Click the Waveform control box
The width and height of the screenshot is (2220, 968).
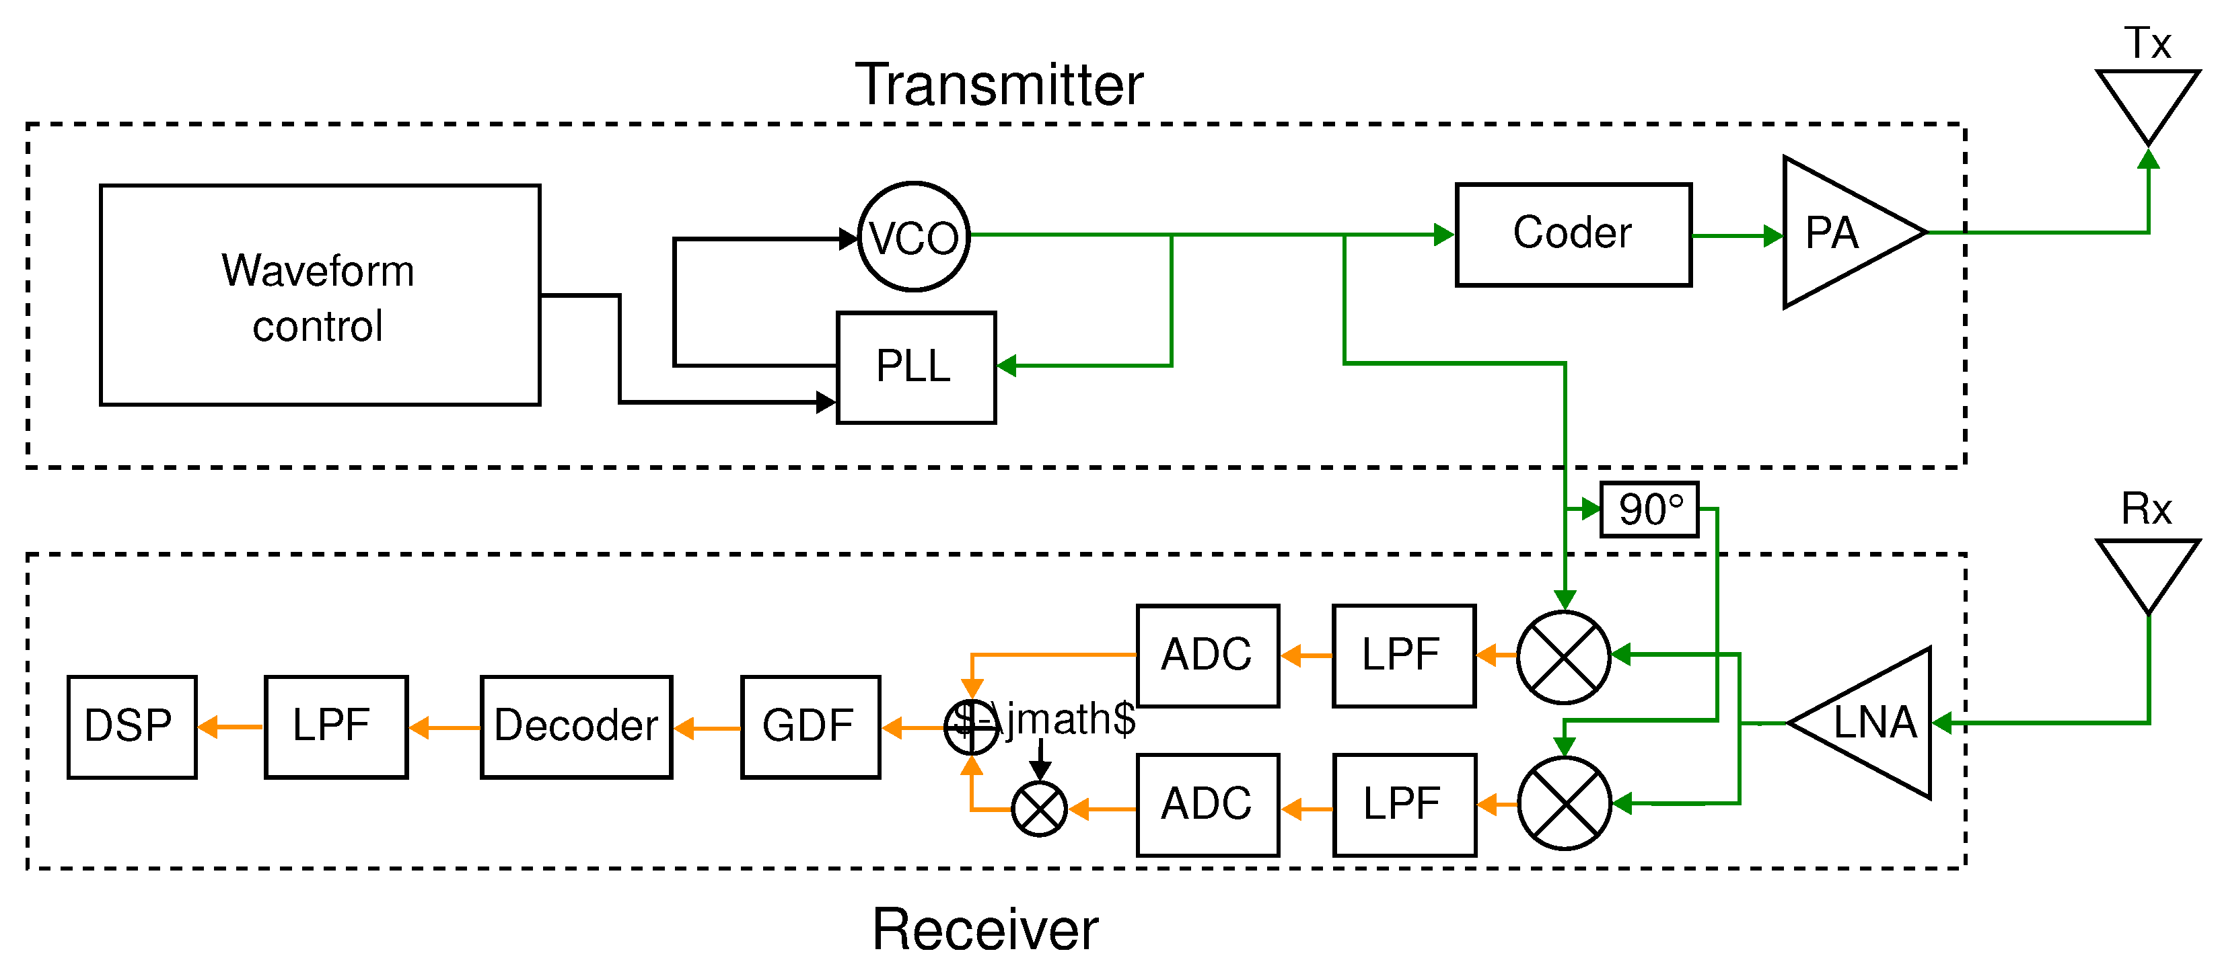pos(320,294)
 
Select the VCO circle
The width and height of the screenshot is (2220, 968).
pos(915,237)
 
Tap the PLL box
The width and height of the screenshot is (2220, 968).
pos(916,368)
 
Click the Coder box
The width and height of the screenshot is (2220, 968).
pos(1573,234)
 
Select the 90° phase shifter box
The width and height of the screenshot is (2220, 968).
pos(1649,510)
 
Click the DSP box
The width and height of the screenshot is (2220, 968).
pos(132,727)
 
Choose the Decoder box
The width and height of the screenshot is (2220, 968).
pos(575,727)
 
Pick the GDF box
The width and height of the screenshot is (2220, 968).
pos(810,727)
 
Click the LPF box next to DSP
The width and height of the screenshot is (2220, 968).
pos(335,727)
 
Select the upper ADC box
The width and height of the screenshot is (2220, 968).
pos(1207,655)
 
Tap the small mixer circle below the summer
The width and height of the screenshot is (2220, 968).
pos(1039,809)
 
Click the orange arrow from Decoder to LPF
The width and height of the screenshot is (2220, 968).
pos(445,728)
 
